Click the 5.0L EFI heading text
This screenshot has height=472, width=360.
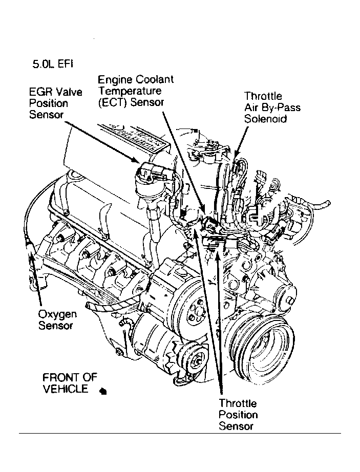pos(53,65)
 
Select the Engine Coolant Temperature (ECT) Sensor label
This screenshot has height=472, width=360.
pos(135,91)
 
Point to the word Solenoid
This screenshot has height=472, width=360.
pos(265,119)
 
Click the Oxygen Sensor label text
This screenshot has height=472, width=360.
pos(57,319)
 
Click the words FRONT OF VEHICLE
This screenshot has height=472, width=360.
pos(69,383)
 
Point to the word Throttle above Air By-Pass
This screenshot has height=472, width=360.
pos(263,96)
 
